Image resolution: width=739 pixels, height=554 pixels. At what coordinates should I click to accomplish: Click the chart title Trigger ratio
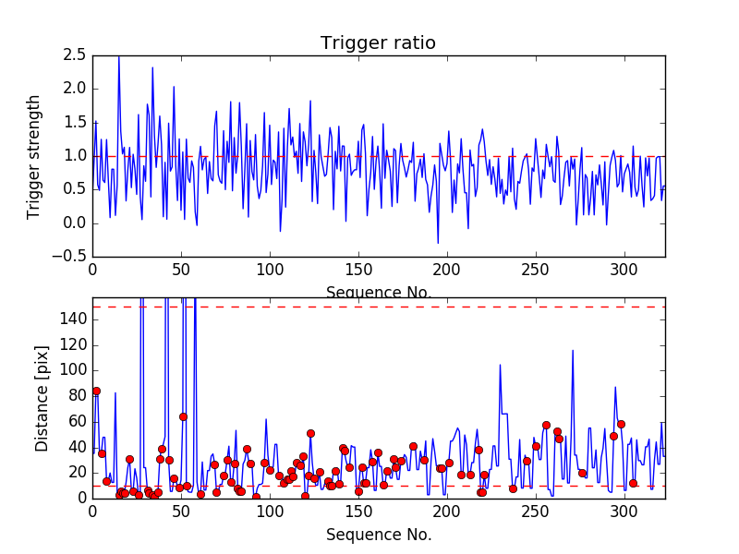pos(378,43)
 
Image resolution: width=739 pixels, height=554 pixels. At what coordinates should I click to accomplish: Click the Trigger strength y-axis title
pos(34,156)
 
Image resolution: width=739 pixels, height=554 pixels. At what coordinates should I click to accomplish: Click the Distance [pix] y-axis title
pos(42,399)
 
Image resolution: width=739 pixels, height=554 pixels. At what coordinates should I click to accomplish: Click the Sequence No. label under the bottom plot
pos(379,535)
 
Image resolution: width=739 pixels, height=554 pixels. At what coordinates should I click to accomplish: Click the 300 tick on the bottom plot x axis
pos(624,513)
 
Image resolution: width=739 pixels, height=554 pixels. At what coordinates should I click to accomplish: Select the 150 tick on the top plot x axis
pos(358,271)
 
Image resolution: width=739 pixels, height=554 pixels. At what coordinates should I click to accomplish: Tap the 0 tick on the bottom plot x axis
pos(92,513)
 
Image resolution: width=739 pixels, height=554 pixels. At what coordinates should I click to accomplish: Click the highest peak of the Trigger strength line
pos(119,57)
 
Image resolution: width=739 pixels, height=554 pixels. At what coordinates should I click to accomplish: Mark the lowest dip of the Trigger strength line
pos(438,243)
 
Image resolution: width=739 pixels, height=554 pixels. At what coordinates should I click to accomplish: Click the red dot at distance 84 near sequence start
pos(96,391)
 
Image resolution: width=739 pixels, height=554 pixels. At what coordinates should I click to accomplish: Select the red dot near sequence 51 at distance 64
pos(183,416)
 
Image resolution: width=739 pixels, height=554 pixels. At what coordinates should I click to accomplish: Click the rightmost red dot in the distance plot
pos(633,483)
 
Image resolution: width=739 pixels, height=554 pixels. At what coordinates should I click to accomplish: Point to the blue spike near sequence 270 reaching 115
pos(573,351)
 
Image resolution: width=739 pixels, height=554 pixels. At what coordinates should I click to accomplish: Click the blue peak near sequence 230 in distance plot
pos(500,365)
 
